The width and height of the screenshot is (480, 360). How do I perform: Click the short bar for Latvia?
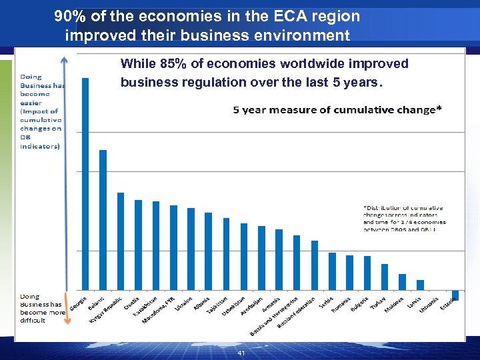point(420,285)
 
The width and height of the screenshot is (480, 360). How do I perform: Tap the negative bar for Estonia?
point(455,295)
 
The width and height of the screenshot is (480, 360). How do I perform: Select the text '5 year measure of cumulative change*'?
point(337,109)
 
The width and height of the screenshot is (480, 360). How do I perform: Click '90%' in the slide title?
point(70,16)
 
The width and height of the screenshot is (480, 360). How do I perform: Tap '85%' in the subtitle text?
point(172,64)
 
